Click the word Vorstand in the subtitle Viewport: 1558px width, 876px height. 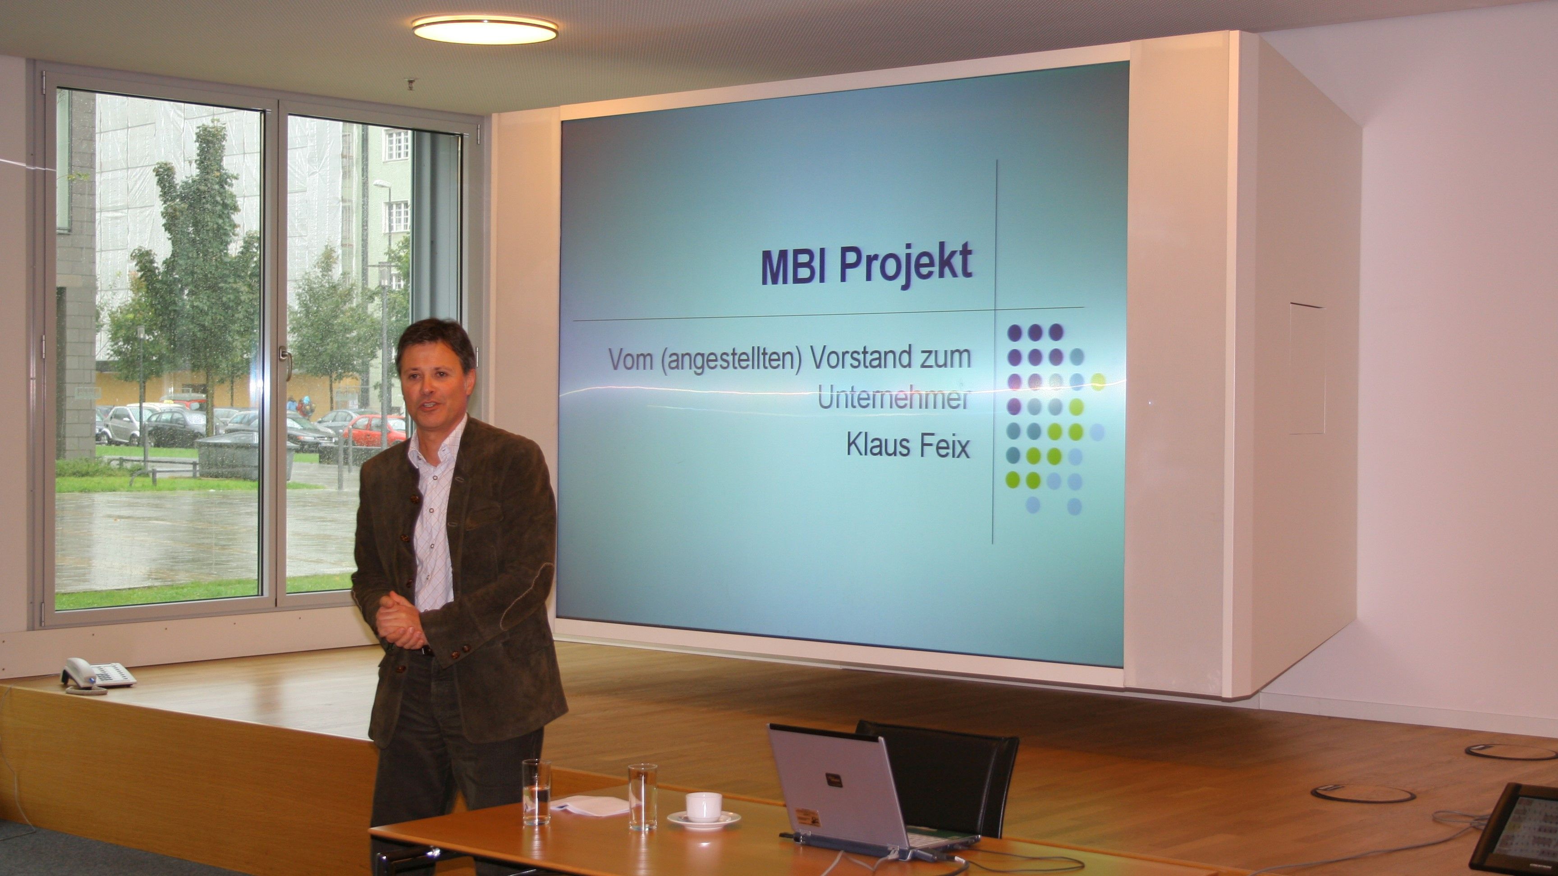858,358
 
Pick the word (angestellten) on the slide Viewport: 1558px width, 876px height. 731,360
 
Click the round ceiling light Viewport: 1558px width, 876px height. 485,29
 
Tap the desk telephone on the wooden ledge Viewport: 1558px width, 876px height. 97,675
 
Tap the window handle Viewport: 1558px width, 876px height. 285,361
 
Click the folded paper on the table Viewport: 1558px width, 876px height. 589,806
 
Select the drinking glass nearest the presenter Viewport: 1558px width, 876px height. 536,792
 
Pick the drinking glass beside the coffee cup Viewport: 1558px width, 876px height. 642,796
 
